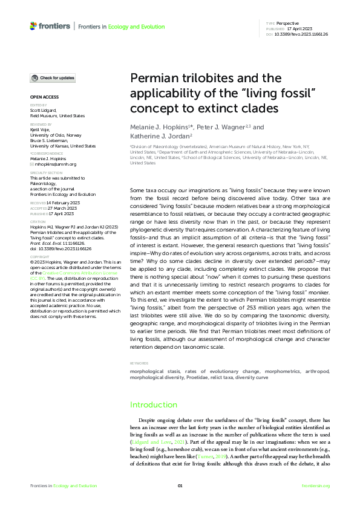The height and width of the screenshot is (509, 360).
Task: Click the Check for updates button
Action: [x=53, y=78]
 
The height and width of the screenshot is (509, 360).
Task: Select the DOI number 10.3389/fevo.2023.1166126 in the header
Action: [x=301, y=34]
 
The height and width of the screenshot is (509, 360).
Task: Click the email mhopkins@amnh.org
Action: [x=55, y=164]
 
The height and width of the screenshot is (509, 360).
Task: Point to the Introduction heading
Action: [x=152, y=404]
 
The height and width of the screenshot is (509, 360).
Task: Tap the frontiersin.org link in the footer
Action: [x=315, y=486]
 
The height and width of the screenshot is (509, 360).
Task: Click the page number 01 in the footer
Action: [x=180, y=486]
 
